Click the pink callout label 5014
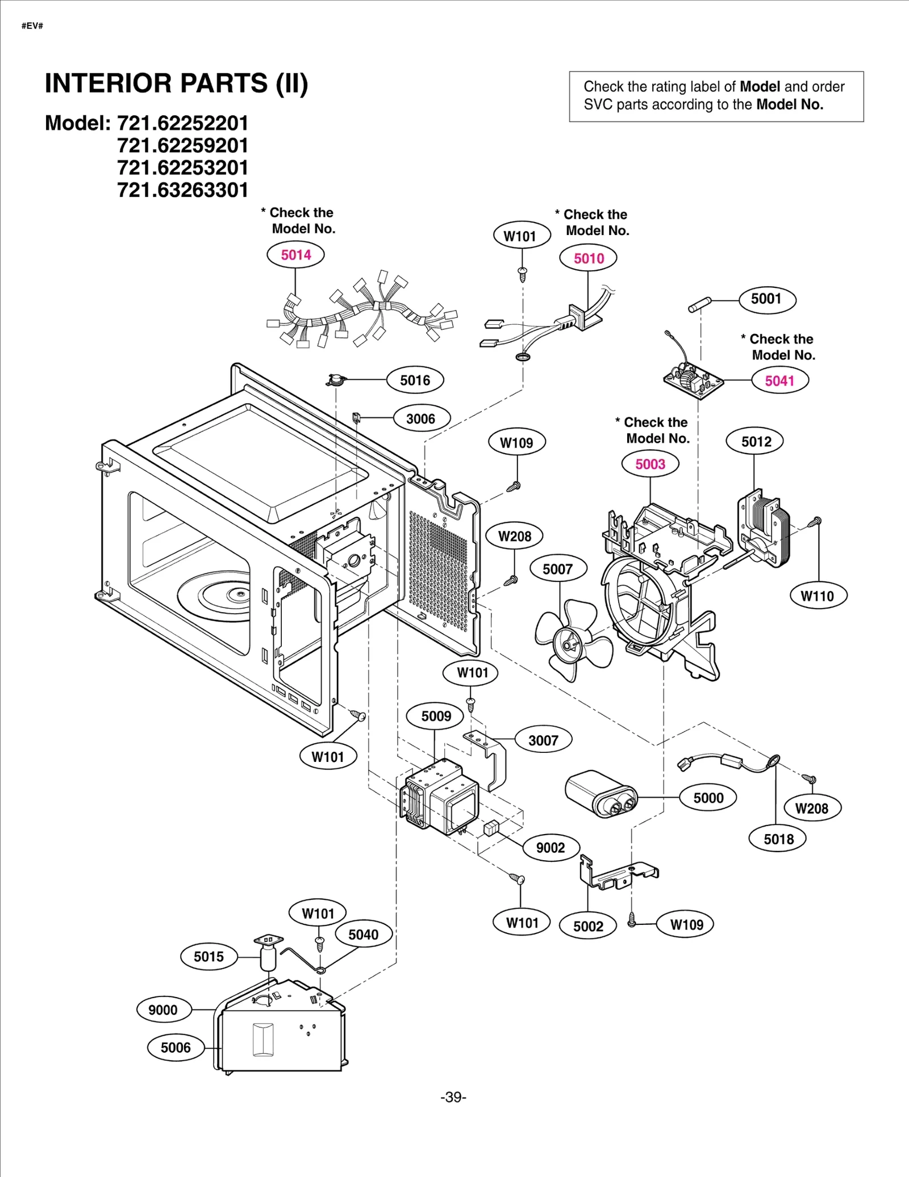tap(295, 255)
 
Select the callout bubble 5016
tap(415, 380)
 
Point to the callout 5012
tap(755, 442)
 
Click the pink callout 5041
tap(779, 381)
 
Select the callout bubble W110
tap(818, 596)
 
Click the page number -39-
tap(453, 1097)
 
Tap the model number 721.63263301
tap(182, 190)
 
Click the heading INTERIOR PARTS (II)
tap(177, 83)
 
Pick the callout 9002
tap(551, 848)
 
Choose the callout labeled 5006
tap(176, 1048)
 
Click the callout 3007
tap(543, 740)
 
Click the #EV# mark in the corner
tap(32, 26)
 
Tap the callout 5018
tap(778, 839)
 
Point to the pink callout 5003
tap(650, 464)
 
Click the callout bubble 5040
tap(363, 935)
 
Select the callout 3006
tap(420, 419)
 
